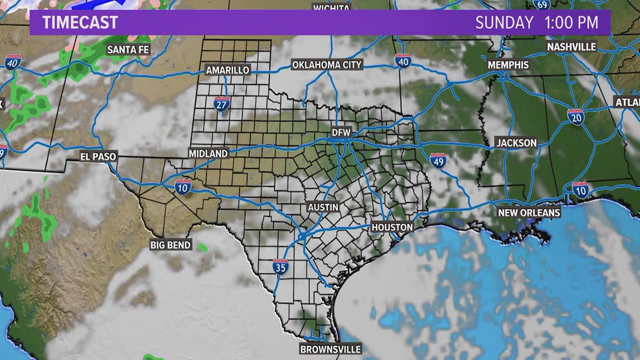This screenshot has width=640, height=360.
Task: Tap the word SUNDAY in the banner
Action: click(504, 23)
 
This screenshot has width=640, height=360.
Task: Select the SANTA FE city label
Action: click(129, 50)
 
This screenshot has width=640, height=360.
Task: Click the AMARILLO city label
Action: click(227, 70)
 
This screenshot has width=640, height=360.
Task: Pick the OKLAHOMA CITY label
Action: click(327, 65)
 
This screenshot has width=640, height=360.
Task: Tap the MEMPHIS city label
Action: click(508, 65)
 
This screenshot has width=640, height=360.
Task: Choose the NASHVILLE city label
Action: click(571, 46)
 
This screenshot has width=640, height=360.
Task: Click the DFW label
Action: click(341, 133)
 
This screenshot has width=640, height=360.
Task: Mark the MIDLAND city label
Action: click(208, 153)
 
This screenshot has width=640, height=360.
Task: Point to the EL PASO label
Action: click(98, 157)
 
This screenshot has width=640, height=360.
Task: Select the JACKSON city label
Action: click(516, 143)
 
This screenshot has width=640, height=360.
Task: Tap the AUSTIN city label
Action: click(323, 207)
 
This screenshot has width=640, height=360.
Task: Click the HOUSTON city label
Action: click(392, 227)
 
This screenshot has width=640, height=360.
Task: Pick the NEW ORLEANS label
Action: click(529, 213)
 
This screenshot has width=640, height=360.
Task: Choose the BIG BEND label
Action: click(171, 245)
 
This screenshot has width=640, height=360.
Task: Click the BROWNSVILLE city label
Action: click(330, 349)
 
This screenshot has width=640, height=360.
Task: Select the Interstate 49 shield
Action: click(438, 161)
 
